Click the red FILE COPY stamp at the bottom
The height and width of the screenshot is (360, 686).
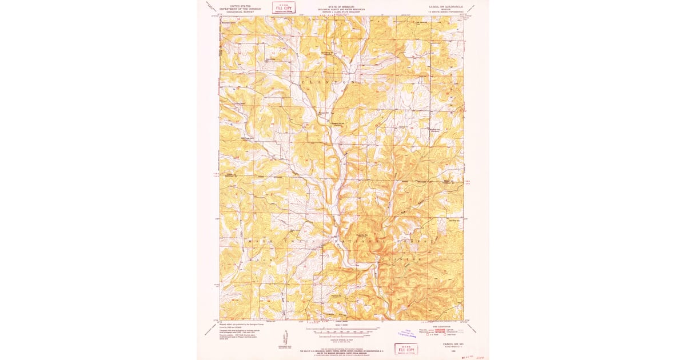[x=406, y=349]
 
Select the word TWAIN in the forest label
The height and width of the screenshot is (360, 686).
[x=296, y=242]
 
